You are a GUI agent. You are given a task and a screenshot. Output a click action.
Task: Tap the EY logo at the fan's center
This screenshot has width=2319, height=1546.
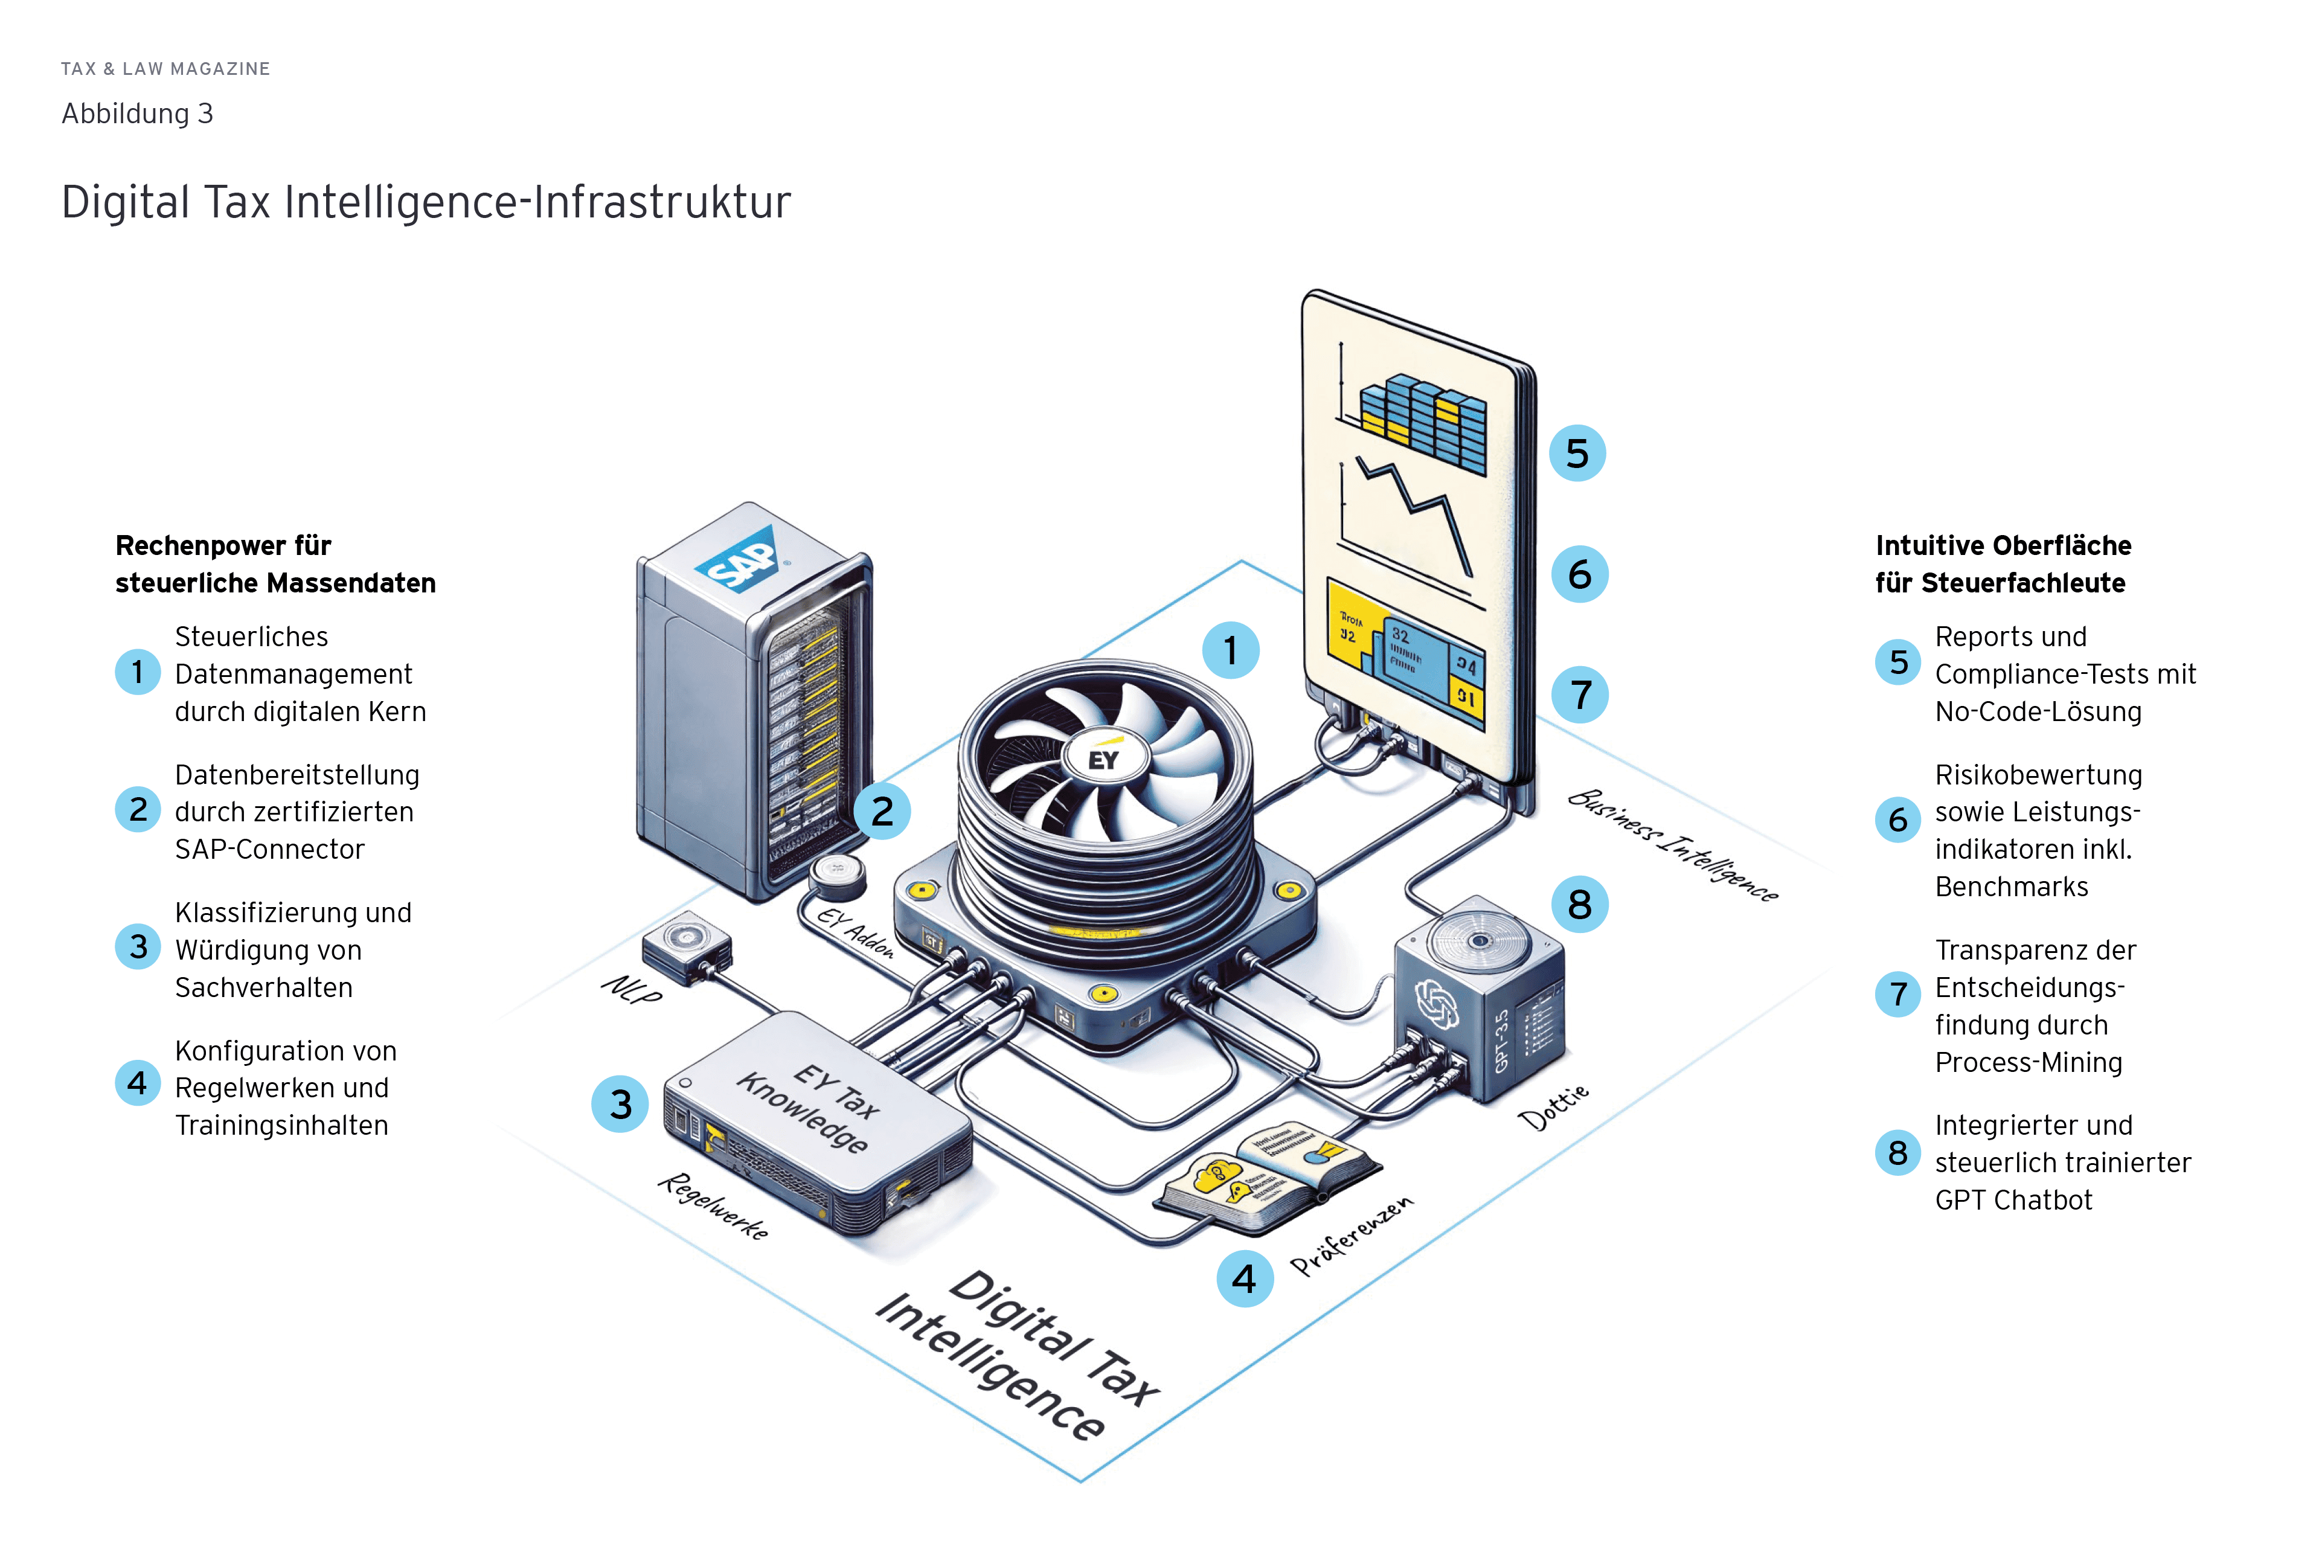tap(1103, 759)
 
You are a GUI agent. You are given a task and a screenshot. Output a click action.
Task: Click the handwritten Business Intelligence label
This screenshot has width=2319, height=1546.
tap(1673, 845)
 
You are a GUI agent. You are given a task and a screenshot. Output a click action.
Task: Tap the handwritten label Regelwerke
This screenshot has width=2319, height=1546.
tap(713, 1205)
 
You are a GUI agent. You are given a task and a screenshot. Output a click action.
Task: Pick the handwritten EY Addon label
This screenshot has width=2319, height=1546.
tap(856, 932)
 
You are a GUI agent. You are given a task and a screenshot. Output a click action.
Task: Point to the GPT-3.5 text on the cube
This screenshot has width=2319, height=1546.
tap(1502, 1040)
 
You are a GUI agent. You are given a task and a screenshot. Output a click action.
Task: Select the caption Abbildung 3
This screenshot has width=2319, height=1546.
tap(137, 114)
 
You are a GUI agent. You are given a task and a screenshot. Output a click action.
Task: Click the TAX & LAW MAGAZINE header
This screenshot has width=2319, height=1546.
tap(165, 69)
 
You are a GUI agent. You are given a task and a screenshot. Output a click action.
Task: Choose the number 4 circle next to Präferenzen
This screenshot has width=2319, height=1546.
tap(1244, 1279)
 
